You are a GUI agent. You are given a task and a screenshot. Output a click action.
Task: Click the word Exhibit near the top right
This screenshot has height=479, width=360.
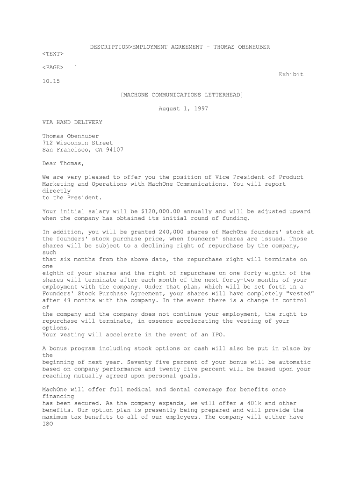click(291, 74)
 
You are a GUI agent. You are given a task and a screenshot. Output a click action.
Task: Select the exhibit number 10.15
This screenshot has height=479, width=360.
click(51, 81)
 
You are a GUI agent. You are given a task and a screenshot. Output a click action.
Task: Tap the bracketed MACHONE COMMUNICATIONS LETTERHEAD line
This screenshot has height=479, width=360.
click(182, 95)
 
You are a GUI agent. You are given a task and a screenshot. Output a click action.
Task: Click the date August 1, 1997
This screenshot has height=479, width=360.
click(183, 109)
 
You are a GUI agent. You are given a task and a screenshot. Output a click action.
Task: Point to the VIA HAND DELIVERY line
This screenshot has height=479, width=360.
click(72, 122)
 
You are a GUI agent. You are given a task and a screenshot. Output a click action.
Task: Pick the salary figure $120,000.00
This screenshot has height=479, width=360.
click(160, 211)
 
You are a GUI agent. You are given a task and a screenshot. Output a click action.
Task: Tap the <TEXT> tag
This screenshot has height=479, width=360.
click(52, 54)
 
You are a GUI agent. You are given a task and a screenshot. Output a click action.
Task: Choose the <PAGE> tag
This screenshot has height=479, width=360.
click(52, 67)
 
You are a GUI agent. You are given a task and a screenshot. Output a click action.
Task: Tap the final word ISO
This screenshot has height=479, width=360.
click(48, 424)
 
